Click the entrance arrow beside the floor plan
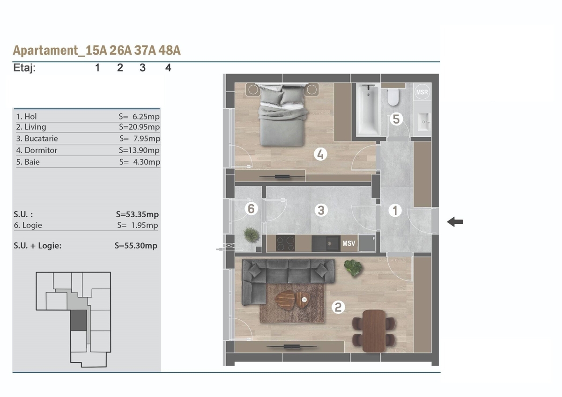(x=455, y=222)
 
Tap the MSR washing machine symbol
(x=422, y=92)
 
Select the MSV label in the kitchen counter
(x=349, y=243)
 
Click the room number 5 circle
(x=396, y=119)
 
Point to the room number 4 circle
(x=320, y=154)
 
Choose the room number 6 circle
(x=251, y=209)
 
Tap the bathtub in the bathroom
(x=368, y=110)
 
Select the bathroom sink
(x=423, y=122)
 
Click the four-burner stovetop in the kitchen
(x=285, y=243)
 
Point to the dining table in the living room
(x=374, y=331)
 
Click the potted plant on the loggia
(x=251, y=235)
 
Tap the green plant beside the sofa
(x=353, y=268)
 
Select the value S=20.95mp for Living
(x=139, y=127)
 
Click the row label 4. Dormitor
(x=37, y=150)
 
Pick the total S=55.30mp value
(x=136, y=245)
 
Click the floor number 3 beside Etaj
(x=142, y=68)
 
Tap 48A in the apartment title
(x=170, y=51)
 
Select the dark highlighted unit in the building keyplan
(x=79, y=320)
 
